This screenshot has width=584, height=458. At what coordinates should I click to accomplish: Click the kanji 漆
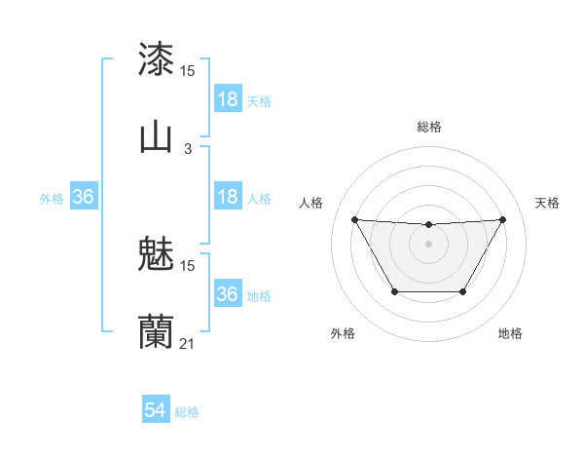tap(157, 59)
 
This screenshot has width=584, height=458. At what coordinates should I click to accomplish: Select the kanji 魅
tap(157, 255)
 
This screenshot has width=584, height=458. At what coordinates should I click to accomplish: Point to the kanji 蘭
tap(157, 331)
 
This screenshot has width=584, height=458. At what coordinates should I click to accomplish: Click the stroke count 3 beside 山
tap(188, 148)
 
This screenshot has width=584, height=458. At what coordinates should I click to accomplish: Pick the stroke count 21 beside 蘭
tap(188, 343)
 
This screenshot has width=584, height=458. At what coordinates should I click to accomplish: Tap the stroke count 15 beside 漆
tap(188, 71)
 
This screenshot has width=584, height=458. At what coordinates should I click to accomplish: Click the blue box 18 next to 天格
tap(228, 99)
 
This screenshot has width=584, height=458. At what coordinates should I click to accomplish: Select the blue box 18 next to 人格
tap(228, 197)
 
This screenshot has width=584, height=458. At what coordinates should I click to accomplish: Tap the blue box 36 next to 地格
tap(228, 294)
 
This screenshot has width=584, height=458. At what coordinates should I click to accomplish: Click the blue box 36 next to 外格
tap(84, 197)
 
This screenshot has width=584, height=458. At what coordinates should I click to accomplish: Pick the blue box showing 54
tap(156, 411)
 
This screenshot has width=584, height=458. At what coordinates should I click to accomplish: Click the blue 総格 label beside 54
tap(187, 412)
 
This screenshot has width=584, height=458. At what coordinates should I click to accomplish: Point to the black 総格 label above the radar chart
tap(429, 127)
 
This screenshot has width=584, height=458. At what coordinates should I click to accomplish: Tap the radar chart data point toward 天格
tap(503, 219)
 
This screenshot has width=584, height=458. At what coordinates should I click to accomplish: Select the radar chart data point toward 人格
tap(354, 219)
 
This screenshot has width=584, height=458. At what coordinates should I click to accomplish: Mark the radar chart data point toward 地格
tap(463, 291)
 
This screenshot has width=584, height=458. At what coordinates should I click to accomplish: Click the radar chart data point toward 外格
tap(394, 291)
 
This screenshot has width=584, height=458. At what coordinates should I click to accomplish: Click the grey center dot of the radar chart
tap(429, 244)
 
